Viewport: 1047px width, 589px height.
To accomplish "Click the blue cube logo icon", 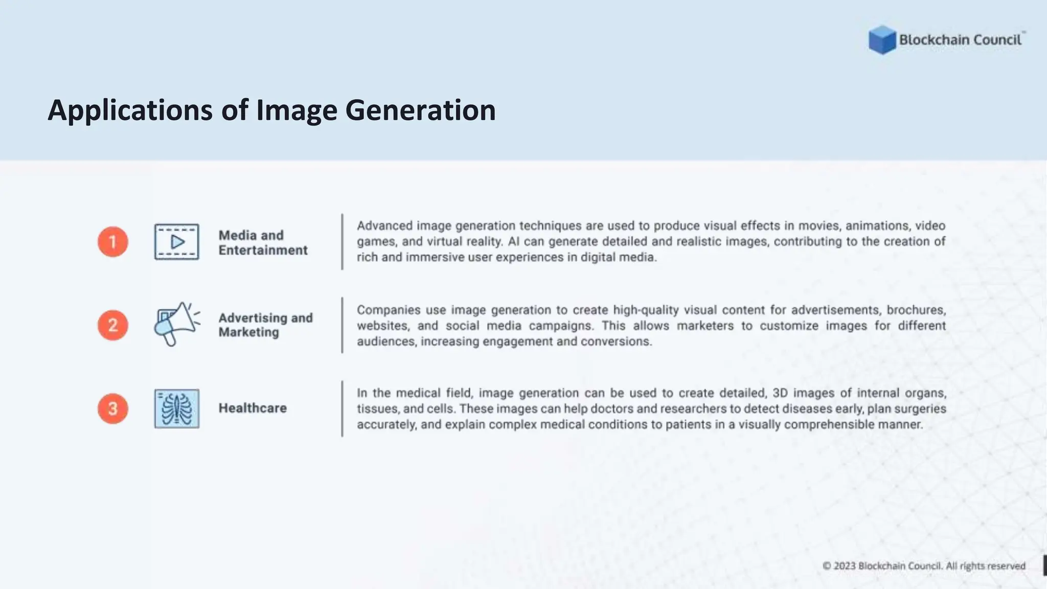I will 882,39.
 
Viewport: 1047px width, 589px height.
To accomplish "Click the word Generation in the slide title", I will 420,110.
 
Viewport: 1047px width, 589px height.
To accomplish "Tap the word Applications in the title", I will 130,110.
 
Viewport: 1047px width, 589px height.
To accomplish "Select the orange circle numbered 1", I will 113,242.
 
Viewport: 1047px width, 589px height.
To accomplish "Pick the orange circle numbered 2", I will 113,325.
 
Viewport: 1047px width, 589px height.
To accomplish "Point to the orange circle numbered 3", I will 113,409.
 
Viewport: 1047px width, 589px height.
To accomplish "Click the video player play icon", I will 177,242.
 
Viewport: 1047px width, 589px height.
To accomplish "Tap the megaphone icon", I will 176,324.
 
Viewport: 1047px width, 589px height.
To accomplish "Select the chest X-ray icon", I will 177,409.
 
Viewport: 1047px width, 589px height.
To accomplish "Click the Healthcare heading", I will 253,408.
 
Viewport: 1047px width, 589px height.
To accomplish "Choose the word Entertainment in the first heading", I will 263,250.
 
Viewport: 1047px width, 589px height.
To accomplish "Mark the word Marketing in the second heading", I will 248,332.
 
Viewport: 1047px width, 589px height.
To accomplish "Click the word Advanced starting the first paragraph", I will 384,225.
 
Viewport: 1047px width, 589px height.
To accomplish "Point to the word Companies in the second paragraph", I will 388,310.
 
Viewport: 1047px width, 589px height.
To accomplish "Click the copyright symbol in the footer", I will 827,566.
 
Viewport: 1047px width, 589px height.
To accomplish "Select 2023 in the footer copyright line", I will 845,566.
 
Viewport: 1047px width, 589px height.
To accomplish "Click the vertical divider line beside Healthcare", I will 342,409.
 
